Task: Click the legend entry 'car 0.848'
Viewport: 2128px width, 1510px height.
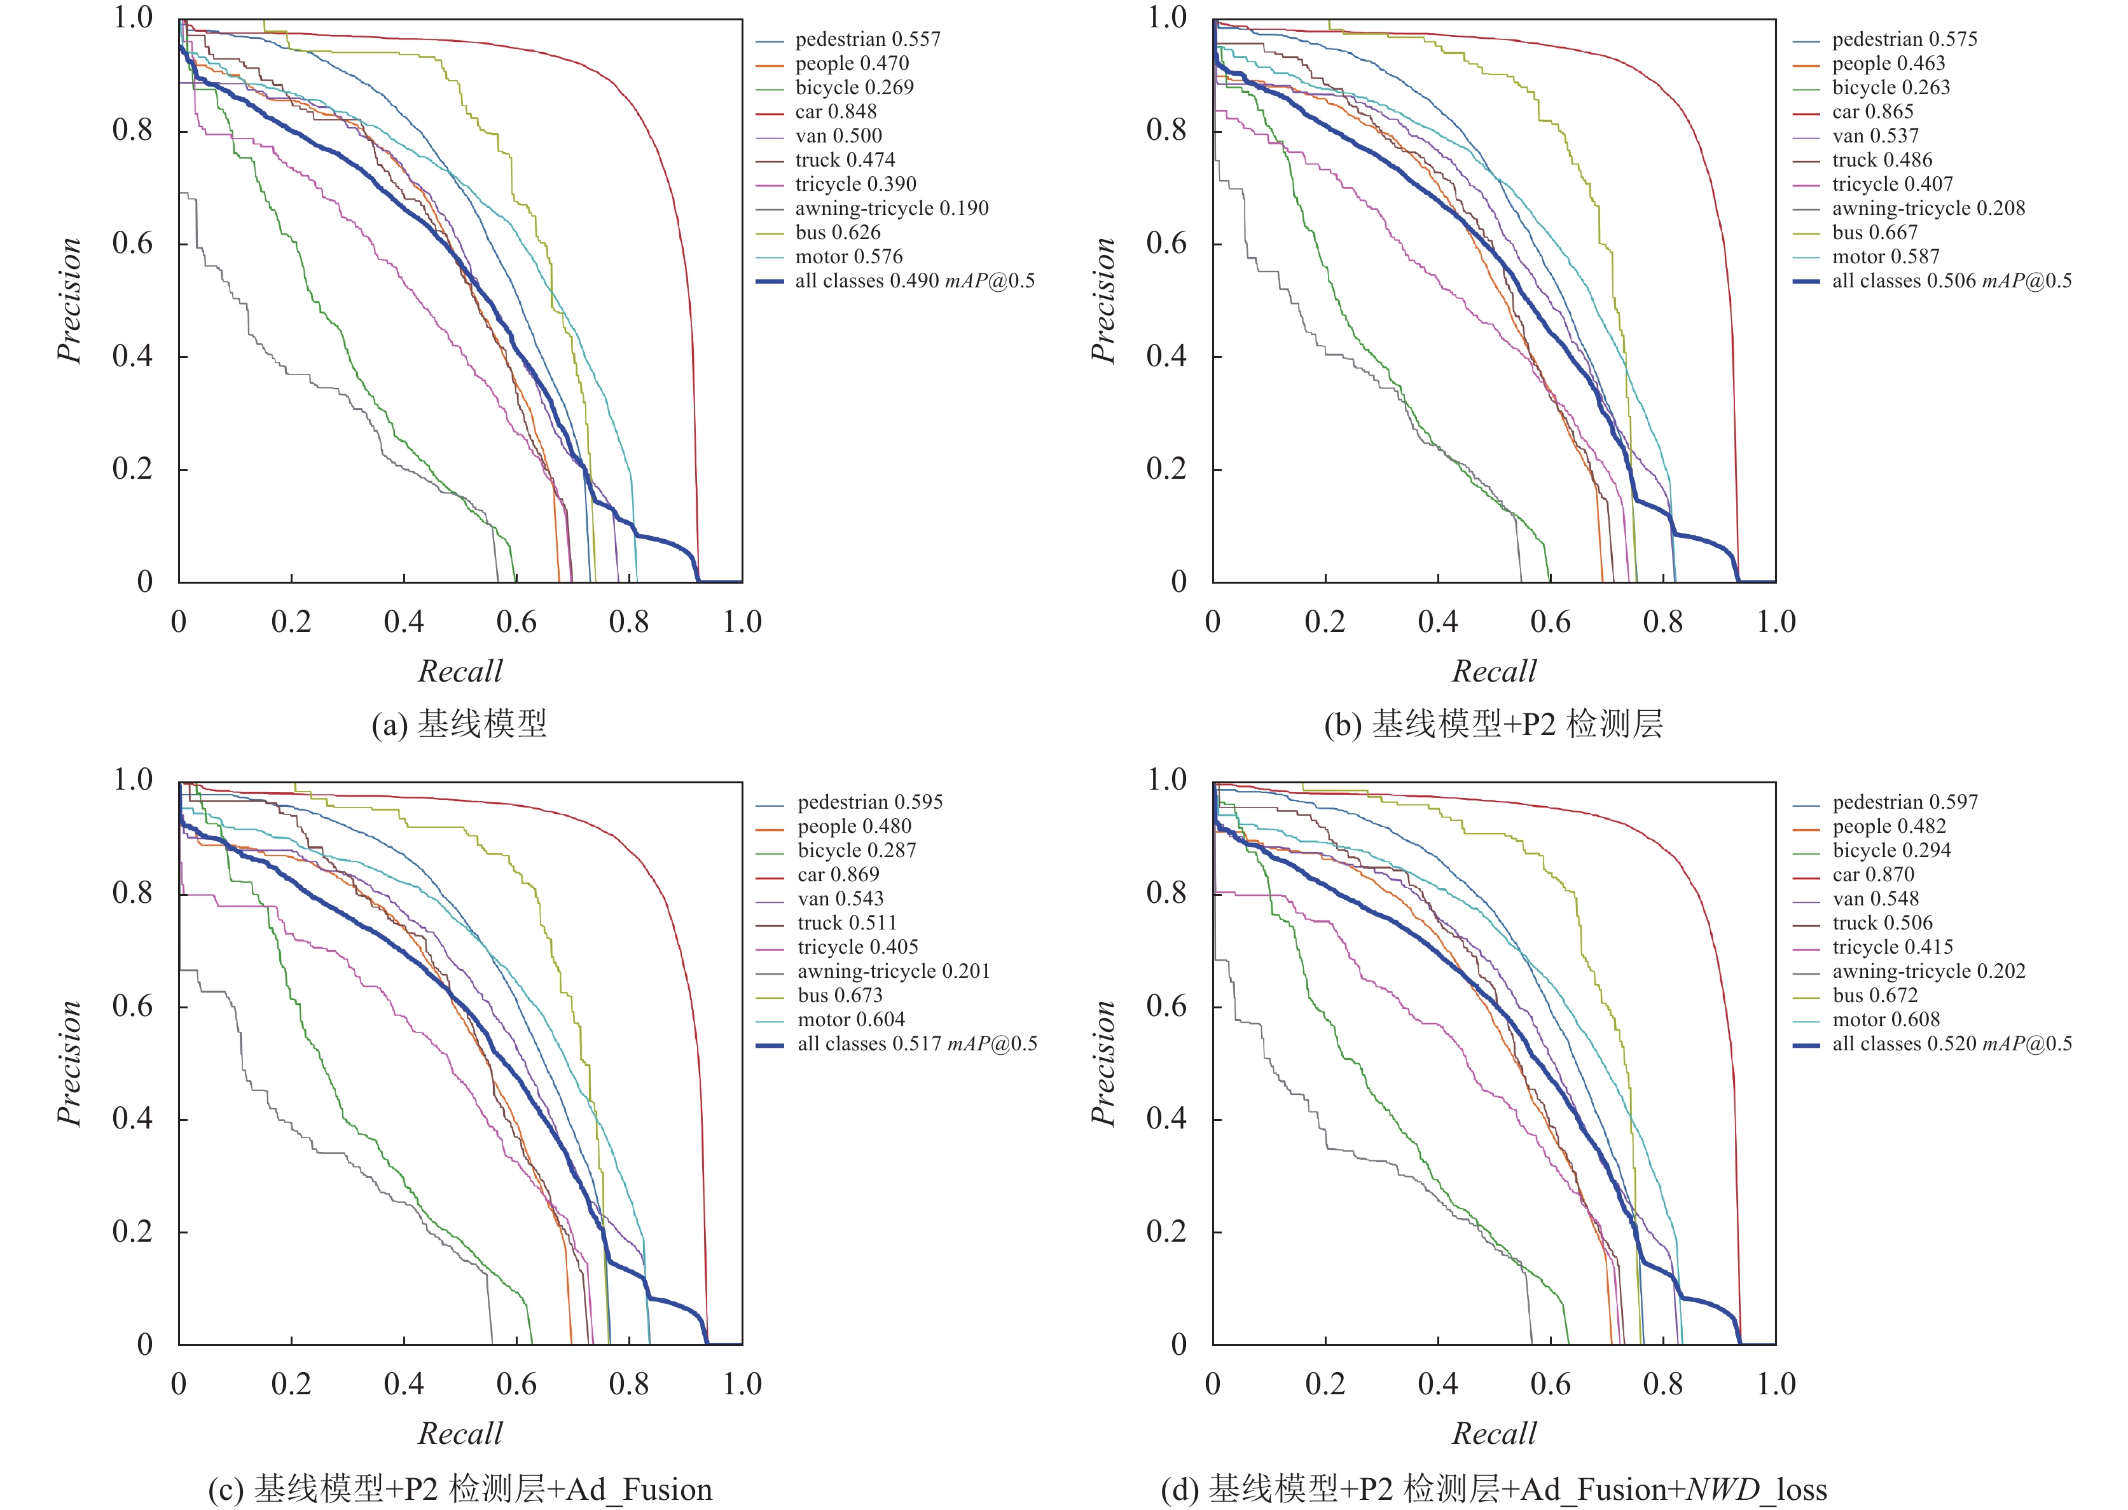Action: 835,111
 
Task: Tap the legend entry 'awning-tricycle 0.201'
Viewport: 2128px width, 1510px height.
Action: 893,971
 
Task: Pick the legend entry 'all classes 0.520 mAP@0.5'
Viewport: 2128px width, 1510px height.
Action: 1951,1043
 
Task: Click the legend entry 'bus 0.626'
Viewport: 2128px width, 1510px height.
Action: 837,233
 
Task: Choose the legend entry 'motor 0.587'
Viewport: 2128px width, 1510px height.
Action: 1885,257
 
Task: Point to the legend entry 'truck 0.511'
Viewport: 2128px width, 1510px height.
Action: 846,923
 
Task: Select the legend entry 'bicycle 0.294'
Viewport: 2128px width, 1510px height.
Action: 1891,850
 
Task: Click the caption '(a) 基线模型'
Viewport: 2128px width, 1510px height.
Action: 459,724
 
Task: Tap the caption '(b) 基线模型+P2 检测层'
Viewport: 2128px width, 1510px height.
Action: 1494,724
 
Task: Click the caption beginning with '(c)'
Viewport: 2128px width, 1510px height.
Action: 459,1488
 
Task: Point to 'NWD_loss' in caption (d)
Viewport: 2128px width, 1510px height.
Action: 1756,1488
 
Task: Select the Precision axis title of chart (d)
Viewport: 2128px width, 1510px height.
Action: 1103,1063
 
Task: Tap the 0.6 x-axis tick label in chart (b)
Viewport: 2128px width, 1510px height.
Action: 1551,621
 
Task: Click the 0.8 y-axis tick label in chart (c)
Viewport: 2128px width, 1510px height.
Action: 132,893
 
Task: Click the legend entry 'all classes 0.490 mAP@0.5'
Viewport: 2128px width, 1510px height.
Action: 915,281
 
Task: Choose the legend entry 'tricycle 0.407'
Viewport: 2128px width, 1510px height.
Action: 1892,184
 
